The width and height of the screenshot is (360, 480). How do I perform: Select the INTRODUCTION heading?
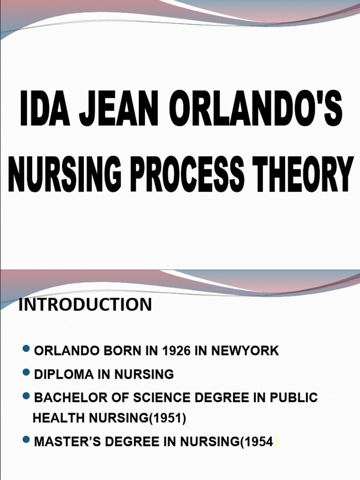tap(85, 305)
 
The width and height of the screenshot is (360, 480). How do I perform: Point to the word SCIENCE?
tap(159, 398)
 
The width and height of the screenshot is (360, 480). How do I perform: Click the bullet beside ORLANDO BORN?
tap(26, 349)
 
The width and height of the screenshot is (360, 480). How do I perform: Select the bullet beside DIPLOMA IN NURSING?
tap(26, 373)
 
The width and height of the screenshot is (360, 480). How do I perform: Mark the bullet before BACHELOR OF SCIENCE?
tap(26, 397)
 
